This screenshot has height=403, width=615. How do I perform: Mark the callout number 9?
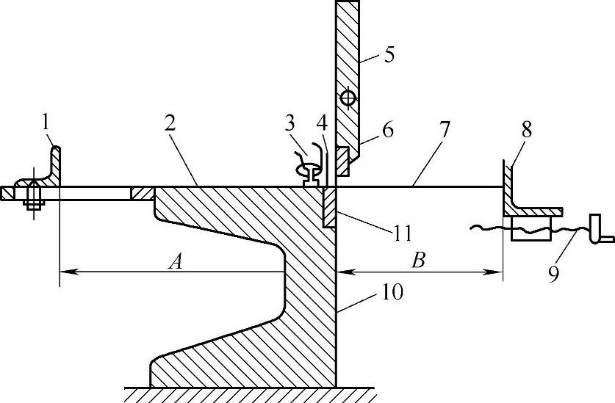coord(553,273)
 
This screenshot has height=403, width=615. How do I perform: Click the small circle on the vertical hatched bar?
coord(348,97)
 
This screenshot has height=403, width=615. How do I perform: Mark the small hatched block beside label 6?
coord(342,161)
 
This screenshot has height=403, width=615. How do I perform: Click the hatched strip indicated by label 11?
coord(330,206)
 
